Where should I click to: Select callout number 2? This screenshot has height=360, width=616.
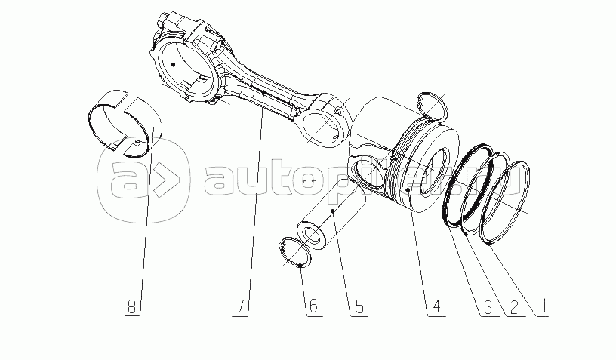pos(513,307)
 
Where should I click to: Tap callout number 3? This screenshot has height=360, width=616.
pos(488,307)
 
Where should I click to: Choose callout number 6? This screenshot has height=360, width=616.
pos(313,306)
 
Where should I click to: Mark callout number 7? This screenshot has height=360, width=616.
pos(240,306)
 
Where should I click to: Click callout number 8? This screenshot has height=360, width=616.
pos(132,306)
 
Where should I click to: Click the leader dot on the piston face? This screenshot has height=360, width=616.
pos(408,189)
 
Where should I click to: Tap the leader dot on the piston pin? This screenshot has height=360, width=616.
pos(333,211)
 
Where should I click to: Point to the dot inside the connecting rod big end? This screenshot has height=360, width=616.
pos(172,64)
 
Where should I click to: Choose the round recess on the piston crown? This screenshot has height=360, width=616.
pos(435,172)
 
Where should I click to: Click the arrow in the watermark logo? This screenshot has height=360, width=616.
pos(166,180)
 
